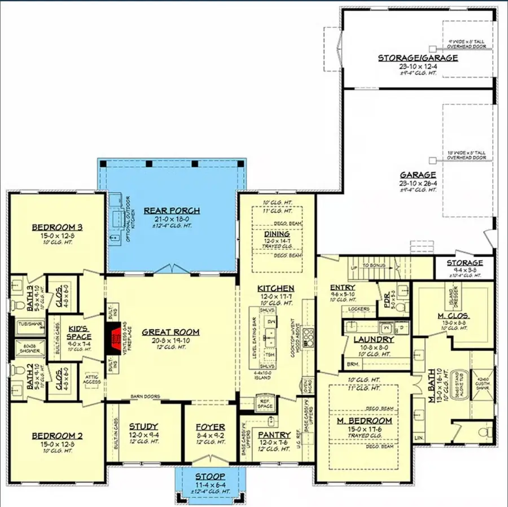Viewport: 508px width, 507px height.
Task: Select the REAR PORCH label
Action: point(172,211)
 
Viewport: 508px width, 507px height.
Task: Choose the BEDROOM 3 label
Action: point(57,228)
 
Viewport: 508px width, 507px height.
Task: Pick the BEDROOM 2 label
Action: point(57,435)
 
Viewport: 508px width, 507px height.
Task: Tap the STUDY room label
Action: point(143,426)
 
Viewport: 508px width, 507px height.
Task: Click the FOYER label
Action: point(210,427)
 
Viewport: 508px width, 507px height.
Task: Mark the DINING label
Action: point(277,233)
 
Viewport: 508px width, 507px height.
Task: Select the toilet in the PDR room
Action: point(401,308)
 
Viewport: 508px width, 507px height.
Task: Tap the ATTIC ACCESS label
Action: point(92,378)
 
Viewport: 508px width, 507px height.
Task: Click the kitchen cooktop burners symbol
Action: point(308,337)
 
